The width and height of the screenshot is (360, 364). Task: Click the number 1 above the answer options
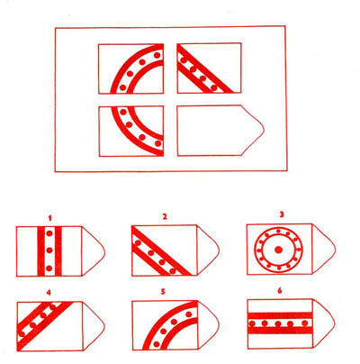tap(49, 218)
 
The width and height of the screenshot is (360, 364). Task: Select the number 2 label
tap(164, 217)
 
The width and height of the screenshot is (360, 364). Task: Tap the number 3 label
tap(281, 215)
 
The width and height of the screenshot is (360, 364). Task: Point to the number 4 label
tap(49, 293)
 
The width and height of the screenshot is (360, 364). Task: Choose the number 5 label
tap(163, 292)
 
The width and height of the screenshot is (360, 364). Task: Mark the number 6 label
tap(280, 291)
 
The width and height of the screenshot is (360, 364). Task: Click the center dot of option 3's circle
tap(279, 250)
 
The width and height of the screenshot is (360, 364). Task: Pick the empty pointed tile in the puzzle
tap(220, 131)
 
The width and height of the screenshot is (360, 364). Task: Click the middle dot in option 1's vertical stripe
tap(49, 250)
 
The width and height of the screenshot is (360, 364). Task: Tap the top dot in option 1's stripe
tap(49, 233)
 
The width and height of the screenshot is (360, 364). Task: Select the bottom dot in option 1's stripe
tap(49, 268)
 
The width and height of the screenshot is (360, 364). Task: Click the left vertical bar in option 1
tap(40, 251)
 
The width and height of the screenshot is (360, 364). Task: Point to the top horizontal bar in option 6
tap(280, 315)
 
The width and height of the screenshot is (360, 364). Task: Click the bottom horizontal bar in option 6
tap(280, 331)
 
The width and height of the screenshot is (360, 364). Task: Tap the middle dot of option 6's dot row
tap(278, 323)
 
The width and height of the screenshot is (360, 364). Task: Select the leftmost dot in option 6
tap(252, 323)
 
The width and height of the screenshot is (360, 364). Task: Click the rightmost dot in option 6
tap(305, 323)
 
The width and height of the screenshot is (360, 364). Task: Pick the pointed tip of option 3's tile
tap(336, 250)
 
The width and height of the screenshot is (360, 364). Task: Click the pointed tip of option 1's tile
tap(104, 251)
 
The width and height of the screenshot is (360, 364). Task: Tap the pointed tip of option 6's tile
tap(335, 323)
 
